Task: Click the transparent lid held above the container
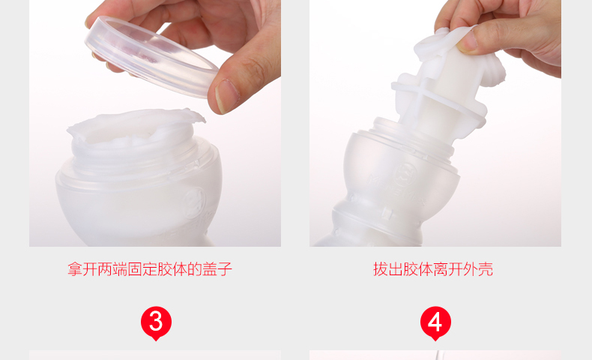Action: [x=151, y=57]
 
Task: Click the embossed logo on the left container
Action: [x=193, y=201]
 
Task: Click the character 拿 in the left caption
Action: [x=75, y=269]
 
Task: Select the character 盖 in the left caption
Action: [x=210, y=269]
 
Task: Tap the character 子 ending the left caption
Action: [x=225, y=269]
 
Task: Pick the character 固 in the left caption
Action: [x=135, y=269]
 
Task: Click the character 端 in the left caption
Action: [x=120, y=269]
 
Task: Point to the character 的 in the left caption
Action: [x=195, y=269]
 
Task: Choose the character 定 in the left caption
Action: [x=150, y=269]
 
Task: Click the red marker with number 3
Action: [x=156, y=323]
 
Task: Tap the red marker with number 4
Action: [x=435, y=323]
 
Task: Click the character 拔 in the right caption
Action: [x=381, y=269]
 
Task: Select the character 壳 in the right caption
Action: [x=486, y=269]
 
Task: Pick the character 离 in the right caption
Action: [x=441, y=269]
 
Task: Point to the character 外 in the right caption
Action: [x=471, y=269]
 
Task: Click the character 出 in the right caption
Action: [x=396, y=269]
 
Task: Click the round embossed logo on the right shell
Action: [x=405, y=174]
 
